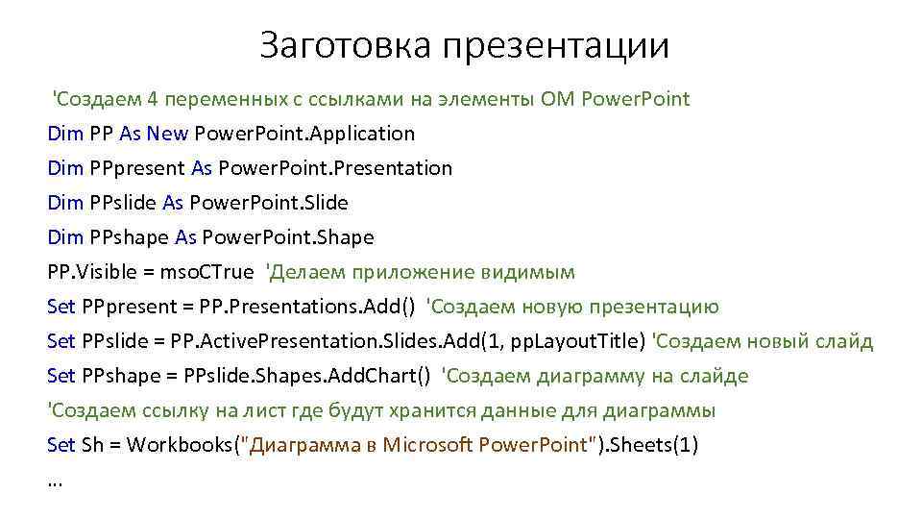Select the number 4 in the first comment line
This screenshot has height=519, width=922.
pos(154,99)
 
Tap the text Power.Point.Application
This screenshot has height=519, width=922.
pos(304,134)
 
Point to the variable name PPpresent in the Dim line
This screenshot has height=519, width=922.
pos(137,168)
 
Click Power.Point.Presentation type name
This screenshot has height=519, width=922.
pos(335,168)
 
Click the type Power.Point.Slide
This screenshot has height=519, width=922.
pos(269,203)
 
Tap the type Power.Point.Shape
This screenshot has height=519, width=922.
pos(287,237)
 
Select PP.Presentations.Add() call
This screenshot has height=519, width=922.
pos(307,307)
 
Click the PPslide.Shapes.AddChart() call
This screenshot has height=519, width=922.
pos(321,376)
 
